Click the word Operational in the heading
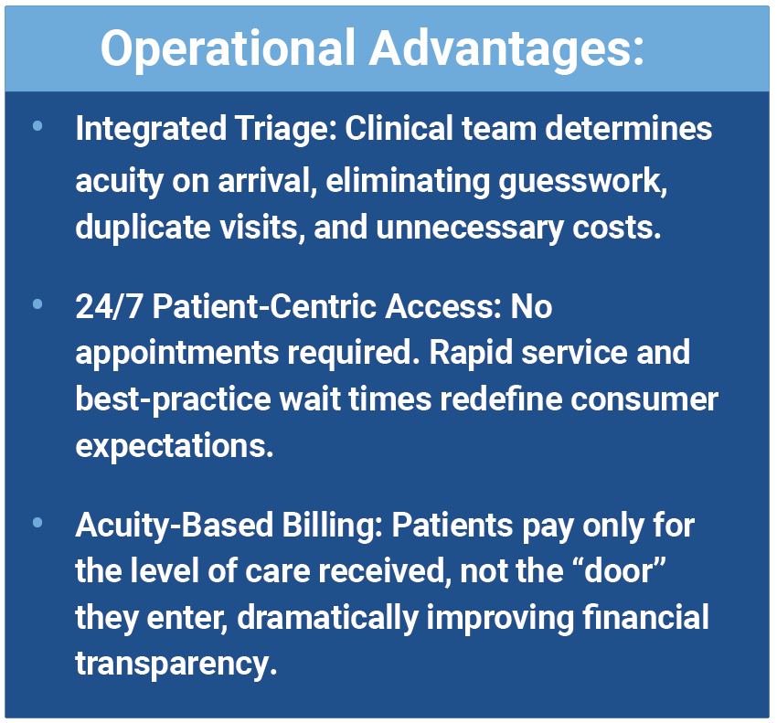pos(229,49)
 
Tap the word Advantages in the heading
pos(506,49)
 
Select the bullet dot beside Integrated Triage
pos(37,126)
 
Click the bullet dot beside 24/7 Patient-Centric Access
pos(37,303)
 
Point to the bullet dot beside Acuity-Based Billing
pos(37,522)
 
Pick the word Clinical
pos(399,128)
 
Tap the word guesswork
pos(583,182)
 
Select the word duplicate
pos(144,228)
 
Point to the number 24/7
pos(110,306)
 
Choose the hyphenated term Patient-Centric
pos(264,306)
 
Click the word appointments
pos(177,354)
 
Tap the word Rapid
pos(471,354)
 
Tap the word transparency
pos(176,665)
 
